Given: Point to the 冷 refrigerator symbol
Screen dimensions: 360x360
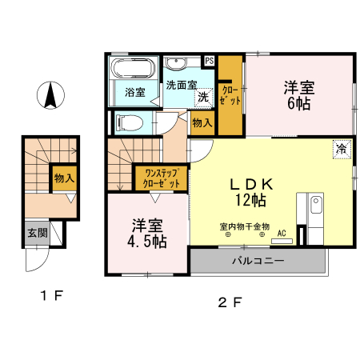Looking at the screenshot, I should coord(342,149).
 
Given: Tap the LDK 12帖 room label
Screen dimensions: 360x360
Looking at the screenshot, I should coord(253,191).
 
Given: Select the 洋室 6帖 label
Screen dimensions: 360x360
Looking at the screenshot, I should coord(296,95).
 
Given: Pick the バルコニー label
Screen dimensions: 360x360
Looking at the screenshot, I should coord(258,262).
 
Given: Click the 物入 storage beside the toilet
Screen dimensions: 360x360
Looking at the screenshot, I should coord(202,123).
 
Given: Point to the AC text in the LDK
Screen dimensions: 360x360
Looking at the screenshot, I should coord(281,234).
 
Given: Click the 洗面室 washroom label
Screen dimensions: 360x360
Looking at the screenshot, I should coord(182,83).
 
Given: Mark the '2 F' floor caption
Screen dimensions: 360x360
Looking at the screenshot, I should coord(230,302).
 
